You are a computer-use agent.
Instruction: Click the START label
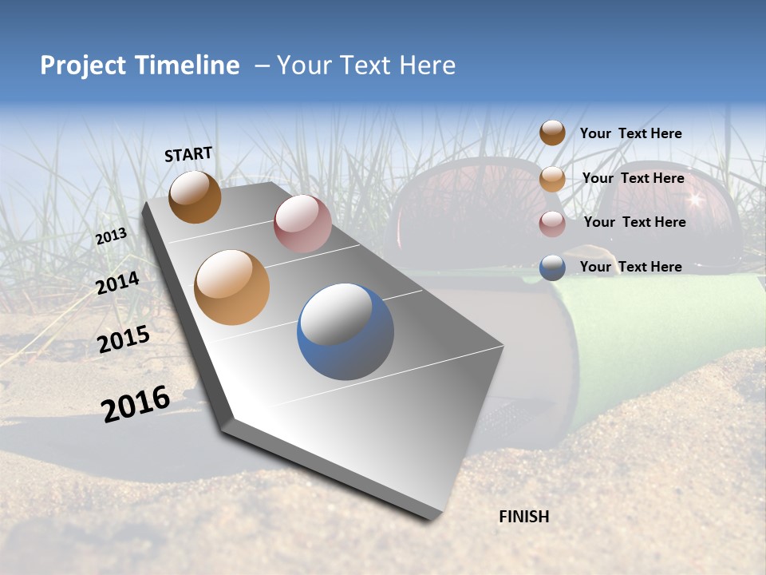pyautogui.click(x=188, y=154)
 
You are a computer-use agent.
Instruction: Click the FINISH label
pyautogui.click(x=523, y=517)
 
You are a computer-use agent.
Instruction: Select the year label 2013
pyautogui.click(x=111, y=236)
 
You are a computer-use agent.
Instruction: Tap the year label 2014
pyautogui.click(x=117, y=283)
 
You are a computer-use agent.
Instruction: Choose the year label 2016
pyautogui.click(x=136, y=403)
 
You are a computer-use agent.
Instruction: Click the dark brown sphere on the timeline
pyautogui.click(x=195, y=196)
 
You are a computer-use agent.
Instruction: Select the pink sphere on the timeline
pyautogui.click(x=302, y=223)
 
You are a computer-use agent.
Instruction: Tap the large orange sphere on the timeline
pyautogui.click(x=232, y=287)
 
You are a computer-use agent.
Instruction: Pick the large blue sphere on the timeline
pyautogui.click(x=345, y=331)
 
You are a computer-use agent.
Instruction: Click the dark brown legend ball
pyautogui.click(x=552, y=133)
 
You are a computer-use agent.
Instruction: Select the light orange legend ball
pyautogui.click(x=552, y=179)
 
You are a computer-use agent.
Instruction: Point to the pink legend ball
pyautogui.click(x=552, y=224)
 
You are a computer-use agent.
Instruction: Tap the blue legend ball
pyautogui.click(x=552, y=268)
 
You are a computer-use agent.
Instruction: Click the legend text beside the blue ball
pyautogui.click(x=630, y=267)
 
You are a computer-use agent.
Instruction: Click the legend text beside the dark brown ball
pyautogui.click(x=630, y=133)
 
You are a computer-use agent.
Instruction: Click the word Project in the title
pyautogui.click(x=82, y=65)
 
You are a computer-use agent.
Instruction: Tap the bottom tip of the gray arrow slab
pyautogui.click(x=432, y=518)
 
